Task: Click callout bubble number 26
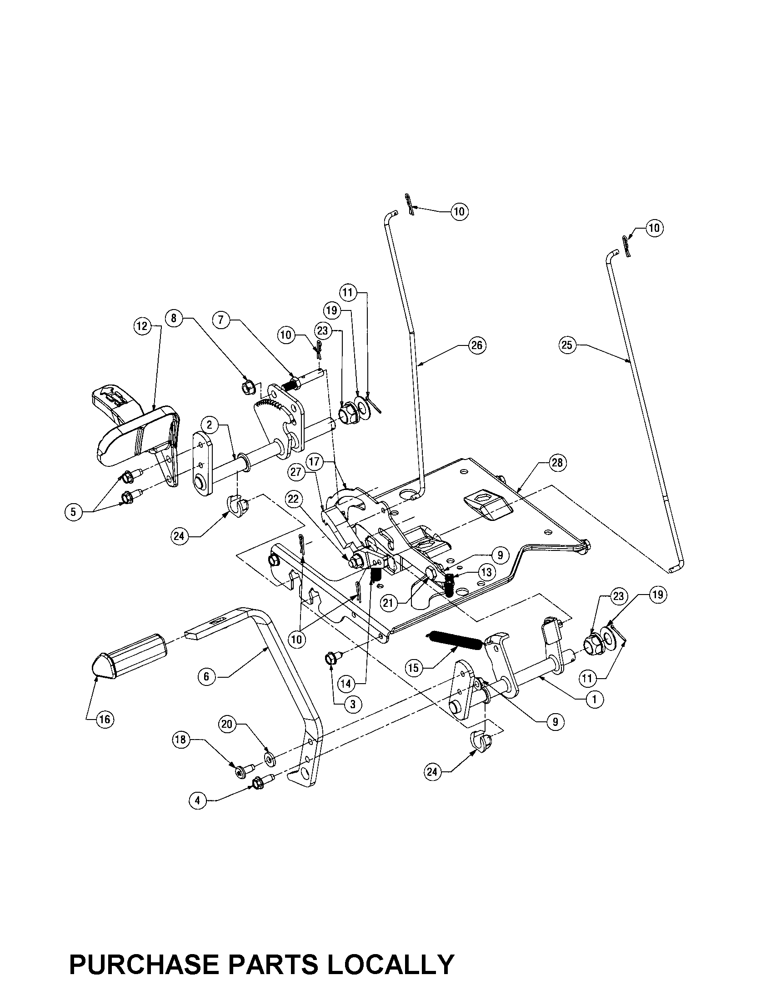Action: [x=476, y=345]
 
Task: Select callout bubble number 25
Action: [x=567, y=345]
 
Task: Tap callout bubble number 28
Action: [x=557, y=462]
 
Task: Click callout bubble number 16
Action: [x=105, y=719]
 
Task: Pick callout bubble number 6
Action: [x=206, y=676]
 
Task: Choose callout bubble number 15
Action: [x=413, y=668]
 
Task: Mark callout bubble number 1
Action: [x=595, y=699]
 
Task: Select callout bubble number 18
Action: [x=181, y=740]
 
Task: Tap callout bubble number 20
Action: [x=228, y=724]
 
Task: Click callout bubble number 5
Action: [x=73, y=512]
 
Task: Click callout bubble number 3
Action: [x=352, y=704]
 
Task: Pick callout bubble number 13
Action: [x=486, y=571]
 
